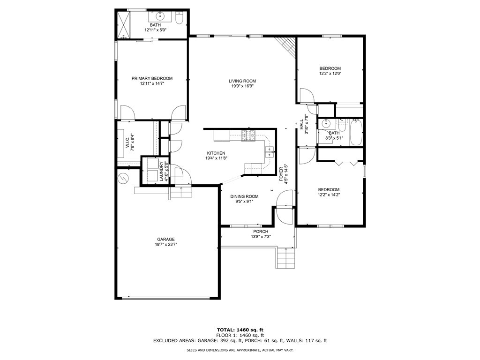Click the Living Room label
tap(242, 81)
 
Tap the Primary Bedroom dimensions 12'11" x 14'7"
tap(152, 83)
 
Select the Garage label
tap(166, 240)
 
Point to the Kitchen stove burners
tap(248, 135)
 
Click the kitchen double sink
tap(270, 152)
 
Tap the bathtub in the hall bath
tap(356, 133)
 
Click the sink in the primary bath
tap(160, 16)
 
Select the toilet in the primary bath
tap(180, 18)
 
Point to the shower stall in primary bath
tap(124, 24)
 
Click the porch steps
tap(286, 258)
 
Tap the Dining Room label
tap(244, 196)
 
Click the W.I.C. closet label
tap(128, 141)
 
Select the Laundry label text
tap(161, 172)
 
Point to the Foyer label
tap(281, 175)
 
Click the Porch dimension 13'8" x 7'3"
tap(261, 237)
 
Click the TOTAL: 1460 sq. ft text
tap(240, 330)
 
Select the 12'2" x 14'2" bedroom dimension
tap(329, 195)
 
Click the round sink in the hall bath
tap(325, 124)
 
